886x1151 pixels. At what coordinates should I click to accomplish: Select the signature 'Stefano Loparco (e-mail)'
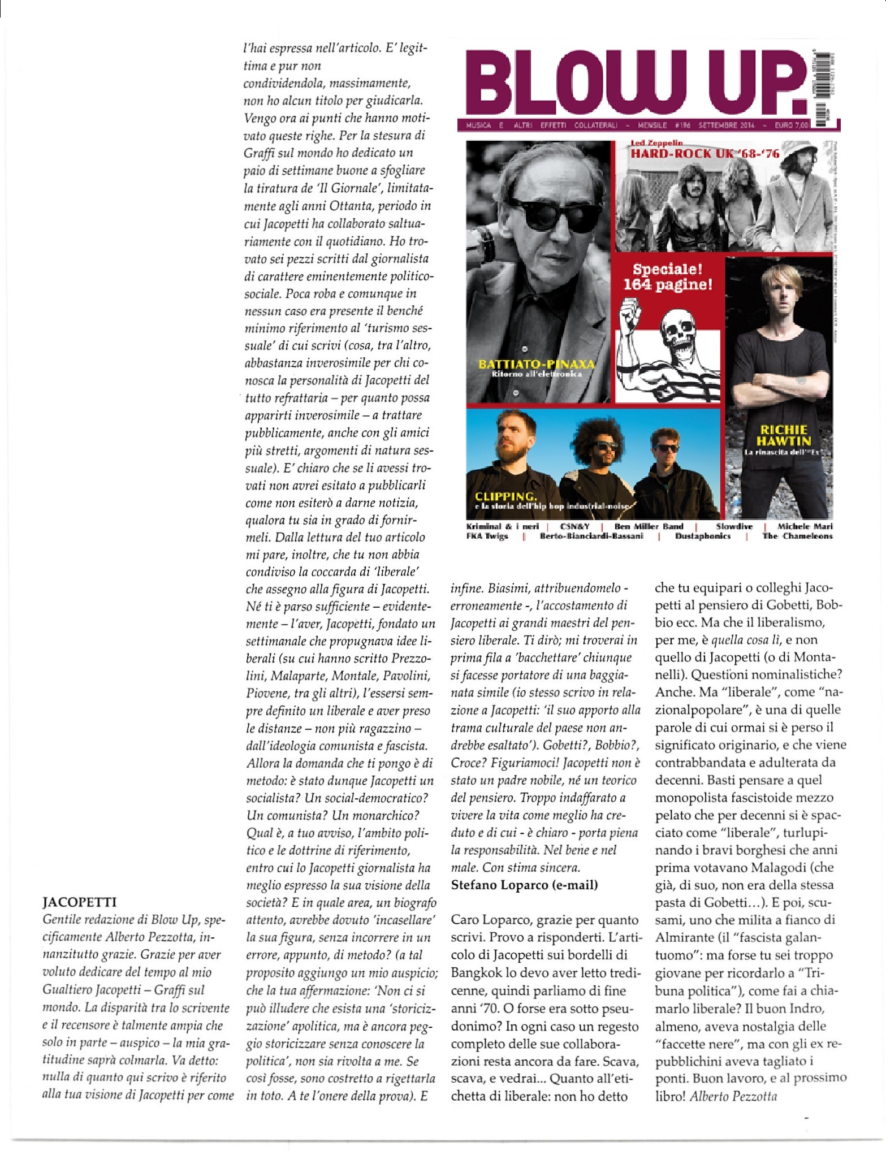[524, 885]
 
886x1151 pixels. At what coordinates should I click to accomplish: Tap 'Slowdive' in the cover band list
[734, 526]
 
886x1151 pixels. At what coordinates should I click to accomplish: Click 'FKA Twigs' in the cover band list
[487, 536]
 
